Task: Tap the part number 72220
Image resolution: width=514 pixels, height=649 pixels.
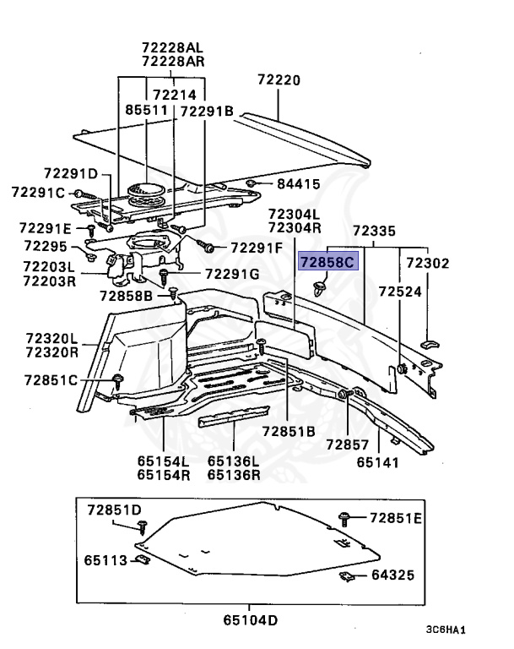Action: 279,80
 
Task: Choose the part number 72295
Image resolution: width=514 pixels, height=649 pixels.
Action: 45,246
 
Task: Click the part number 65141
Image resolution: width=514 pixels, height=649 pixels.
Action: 377,462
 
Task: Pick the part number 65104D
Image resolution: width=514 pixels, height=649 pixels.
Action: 250,621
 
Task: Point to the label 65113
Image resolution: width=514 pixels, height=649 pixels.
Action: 106,559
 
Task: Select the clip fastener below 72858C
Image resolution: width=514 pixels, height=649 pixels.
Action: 320,290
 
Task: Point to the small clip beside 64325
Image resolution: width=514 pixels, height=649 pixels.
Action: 346,577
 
